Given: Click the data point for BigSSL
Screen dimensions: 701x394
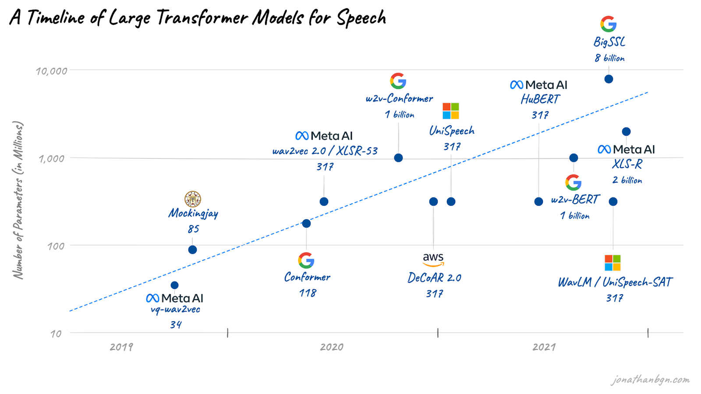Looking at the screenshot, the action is pos(609,79).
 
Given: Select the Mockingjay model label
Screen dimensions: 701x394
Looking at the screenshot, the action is pos(193,214).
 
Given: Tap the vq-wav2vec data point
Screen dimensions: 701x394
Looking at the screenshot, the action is pos(175,285).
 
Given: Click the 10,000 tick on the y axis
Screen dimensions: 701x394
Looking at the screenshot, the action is pos(51,71).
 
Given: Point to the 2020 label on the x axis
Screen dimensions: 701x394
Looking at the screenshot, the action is pos(331,347).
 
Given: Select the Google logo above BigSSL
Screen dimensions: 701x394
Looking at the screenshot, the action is pos(609,24).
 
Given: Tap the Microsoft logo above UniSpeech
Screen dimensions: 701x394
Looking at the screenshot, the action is pos(451,111).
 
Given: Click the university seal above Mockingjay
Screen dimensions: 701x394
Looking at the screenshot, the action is pos(193,199).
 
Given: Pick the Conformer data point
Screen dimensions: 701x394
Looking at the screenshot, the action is pos(306,224).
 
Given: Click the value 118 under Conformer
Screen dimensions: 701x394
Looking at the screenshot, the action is pos(308,293).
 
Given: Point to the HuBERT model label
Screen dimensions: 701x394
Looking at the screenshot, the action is pos(540,99).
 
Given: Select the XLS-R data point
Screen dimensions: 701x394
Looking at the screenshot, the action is pos(626,132).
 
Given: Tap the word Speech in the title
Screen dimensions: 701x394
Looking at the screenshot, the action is pos(361,18).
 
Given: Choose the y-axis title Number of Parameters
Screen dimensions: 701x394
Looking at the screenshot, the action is pos(18,200).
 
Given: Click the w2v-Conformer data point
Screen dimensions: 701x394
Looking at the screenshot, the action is pos(398,158).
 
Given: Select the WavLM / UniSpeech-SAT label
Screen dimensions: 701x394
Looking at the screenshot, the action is pos(615,282).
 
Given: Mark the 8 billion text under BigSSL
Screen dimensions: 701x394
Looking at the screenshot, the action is pos(609,58).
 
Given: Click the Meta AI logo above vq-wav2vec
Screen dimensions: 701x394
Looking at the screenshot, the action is pos(175,298).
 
